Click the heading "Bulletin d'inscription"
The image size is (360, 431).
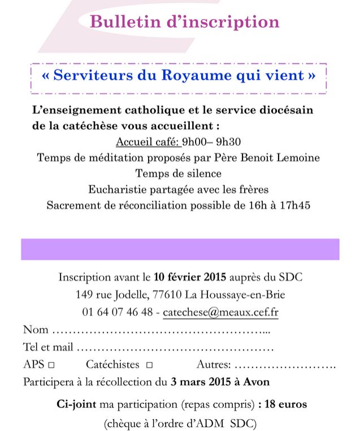185,22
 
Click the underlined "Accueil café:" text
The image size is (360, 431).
147,142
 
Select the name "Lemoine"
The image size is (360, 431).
298,157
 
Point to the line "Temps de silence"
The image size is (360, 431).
178,173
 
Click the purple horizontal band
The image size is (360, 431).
180,249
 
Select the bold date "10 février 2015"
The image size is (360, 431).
189,277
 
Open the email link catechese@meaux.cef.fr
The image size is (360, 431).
220,312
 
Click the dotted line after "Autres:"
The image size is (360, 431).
285,365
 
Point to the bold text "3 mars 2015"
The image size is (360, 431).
198,382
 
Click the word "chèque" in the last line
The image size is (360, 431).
128,423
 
